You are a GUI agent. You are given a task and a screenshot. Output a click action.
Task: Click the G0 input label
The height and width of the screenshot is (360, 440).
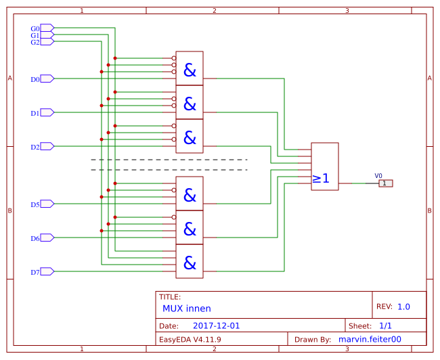[35, 28]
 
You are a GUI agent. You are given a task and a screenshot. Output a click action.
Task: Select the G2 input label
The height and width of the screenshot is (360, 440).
[35, 42]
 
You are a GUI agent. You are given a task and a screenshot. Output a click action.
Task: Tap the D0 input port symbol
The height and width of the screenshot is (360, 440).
[47, 78]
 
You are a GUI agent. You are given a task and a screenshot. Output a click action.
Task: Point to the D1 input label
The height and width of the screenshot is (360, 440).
[35, 113]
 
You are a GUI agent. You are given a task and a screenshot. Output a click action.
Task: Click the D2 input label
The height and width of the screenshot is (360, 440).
[35, 147]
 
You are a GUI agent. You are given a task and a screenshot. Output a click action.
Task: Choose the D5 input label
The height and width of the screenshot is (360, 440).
[35, 204]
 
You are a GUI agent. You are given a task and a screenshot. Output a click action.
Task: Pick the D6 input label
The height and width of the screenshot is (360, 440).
[35, 238]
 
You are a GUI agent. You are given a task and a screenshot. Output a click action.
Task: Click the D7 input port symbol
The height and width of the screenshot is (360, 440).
[47, 271]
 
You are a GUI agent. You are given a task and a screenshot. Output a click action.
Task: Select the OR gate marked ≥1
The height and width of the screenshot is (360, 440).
[324, 166]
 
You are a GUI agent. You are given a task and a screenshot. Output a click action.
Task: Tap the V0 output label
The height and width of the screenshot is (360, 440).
[378, 175]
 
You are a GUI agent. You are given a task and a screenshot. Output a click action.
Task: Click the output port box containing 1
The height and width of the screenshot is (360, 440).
[385, 183]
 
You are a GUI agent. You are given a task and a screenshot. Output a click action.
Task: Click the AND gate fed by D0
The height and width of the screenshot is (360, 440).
[190, 68]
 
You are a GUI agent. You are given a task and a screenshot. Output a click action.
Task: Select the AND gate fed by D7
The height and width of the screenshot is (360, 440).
[190, 261]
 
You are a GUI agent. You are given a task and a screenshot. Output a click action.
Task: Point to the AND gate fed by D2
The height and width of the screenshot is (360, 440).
[190, 136]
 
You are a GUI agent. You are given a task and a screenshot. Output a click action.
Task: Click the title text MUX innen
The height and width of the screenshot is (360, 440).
[187, 308]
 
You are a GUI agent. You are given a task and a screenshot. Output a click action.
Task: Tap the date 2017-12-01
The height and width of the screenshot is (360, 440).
[217, 325]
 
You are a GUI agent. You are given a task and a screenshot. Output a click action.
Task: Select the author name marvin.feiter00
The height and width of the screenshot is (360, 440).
[370, 339]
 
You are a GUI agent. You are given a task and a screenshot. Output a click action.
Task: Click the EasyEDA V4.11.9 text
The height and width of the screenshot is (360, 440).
[190, 339]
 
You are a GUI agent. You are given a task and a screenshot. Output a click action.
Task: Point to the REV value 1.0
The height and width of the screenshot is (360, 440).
[403, 307]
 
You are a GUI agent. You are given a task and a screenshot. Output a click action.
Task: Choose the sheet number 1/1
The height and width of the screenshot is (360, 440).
[385, 325]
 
